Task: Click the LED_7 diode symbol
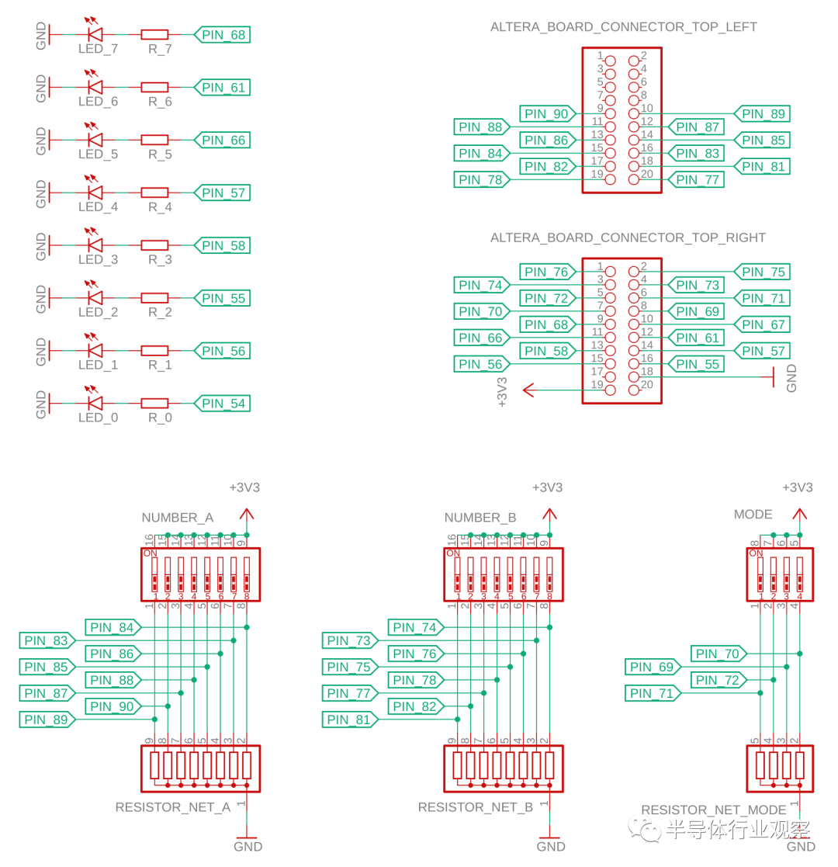[95, 35]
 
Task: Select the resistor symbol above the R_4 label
[154, 192]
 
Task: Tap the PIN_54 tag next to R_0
[223, 404]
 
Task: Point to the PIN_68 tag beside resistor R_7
[223, 35]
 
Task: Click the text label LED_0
[98, 418]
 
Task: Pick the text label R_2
[160, 312]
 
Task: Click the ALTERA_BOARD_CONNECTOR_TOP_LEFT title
[623, 27]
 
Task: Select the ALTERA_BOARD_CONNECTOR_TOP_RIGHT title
[628, 238]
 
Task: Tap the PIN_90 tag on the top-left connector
[546, 114]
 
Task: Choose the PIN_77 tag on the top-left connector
[698, 180]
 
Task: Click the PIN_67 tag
[764, 324]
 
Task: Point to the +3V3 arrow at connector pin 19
[530, 390]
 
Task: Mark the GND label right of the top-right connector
[791, 378]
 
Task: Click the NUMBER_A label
[177, 518]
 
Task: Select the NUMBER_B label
[480, 518]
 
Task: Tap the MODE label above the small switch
[753, 515]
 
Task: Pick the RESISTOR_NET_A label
[173, 807]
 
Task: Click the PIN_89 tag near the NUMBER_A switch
[46, 720]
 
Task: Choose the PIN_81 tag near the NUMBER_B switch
[348, 720]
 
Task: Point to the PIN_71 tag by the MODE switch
[652, 694]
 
